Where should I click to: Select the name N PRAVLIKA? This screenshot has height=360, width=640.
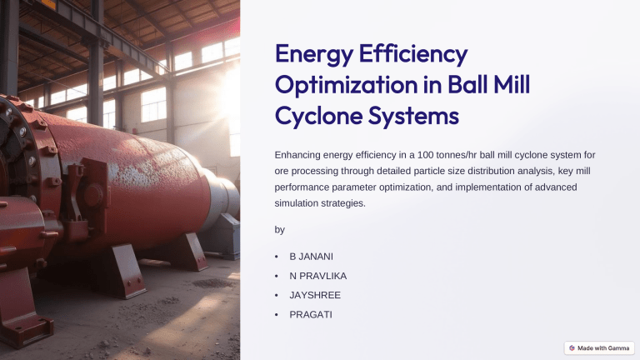point(318,275)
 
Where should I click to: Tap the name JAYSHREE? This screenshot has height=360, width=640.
point(316,295)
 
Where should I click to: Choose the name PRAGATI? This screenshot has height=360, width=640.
point(311,315)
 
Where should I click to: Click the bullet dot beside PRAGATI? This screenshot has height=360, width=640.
point(276,315)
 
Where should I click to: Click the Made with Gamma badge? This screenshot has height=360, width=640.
point(598,347)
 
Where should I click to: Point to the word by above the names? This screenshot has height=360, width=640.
point(279,229)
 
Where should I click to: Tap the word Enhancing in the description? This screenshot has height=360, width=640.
point(298,155)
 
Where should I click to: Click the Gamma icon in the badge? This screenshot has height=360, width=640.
point(572,347)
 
